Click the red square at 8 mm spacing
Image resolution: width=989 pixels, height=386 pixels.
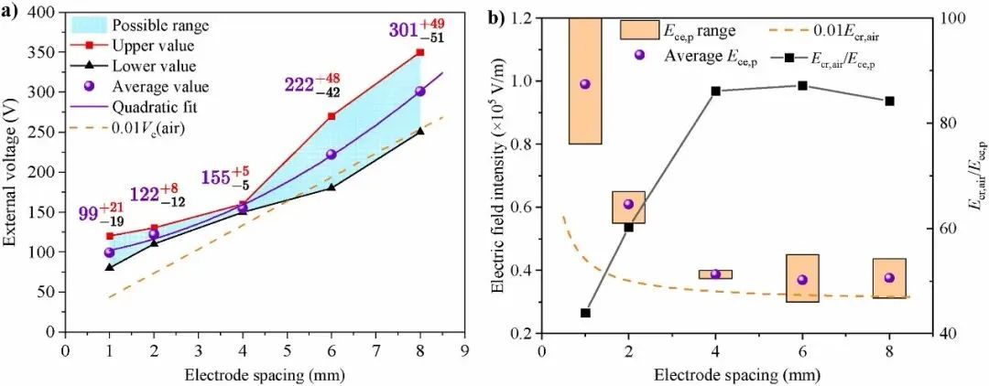(x=420, y=52)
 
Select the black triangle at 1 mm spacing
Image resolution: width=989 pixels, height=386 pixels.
(x=110, y=267)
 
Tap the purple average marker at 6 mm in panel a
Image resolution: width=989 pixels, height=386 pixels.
(x=331, y=155)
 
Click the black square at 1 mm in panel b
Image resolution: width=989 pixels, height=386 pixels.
(x=585, y=313)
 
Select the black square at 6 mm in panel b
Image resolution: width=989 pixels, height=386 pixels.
(x=802, y=86)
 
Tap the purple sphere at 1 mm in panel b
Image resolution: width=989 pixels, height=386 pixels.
(x=585, y=84)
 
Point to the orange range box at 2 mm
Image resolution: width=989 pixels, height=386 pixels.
(x=628, y=208)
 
